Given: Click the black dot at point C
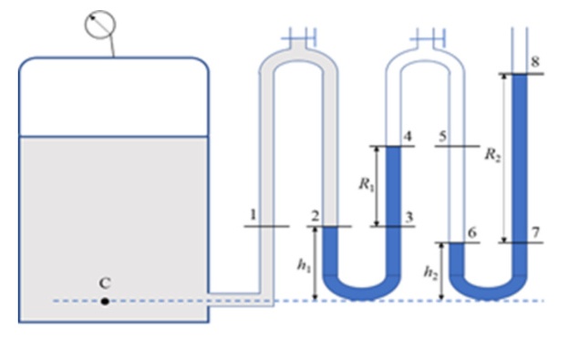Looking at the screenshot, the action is click(105, 302).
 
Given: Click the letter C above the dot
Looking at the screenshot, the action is click(105, 283).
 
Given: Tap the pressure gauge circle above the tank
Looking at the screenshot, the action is click(100, 25).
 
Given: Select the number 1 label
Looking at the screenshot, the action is click(253, 214).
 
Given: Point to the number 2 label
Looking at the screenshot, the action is click(315, 216).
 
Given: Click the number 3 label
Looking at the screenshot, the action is click(409, 217).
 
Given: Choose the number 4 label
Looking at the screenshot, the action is click(408, 137).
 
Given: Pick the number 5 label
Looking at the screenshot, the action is click(442, 137).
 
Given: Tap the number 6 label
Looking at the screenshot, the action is click(471, 232).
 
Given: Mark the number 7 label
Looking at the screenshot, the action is click(535, 232).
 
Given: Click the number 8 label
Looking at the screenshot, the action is click(535, 62).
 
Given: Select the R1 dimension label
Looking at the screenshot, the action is click(367, 184).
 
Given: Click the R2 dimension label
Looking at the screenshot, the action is click(492, 155).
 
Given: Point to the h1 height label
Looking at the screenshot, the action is click(304, 265).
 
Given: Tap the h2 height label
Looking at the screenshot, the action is click(430, 272).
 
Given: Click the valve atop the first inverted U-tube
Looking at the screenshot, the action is click(299, 37).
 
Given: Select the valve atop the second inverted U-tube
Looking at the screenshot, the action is click(428, 37).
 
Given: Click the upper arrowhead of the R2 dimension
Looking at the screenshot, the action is click(504, 77).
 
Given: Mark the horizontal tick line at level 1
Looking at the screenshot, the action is click(266, 226).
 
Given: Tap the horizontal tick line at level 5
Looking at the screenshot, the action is click(457, 146).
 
